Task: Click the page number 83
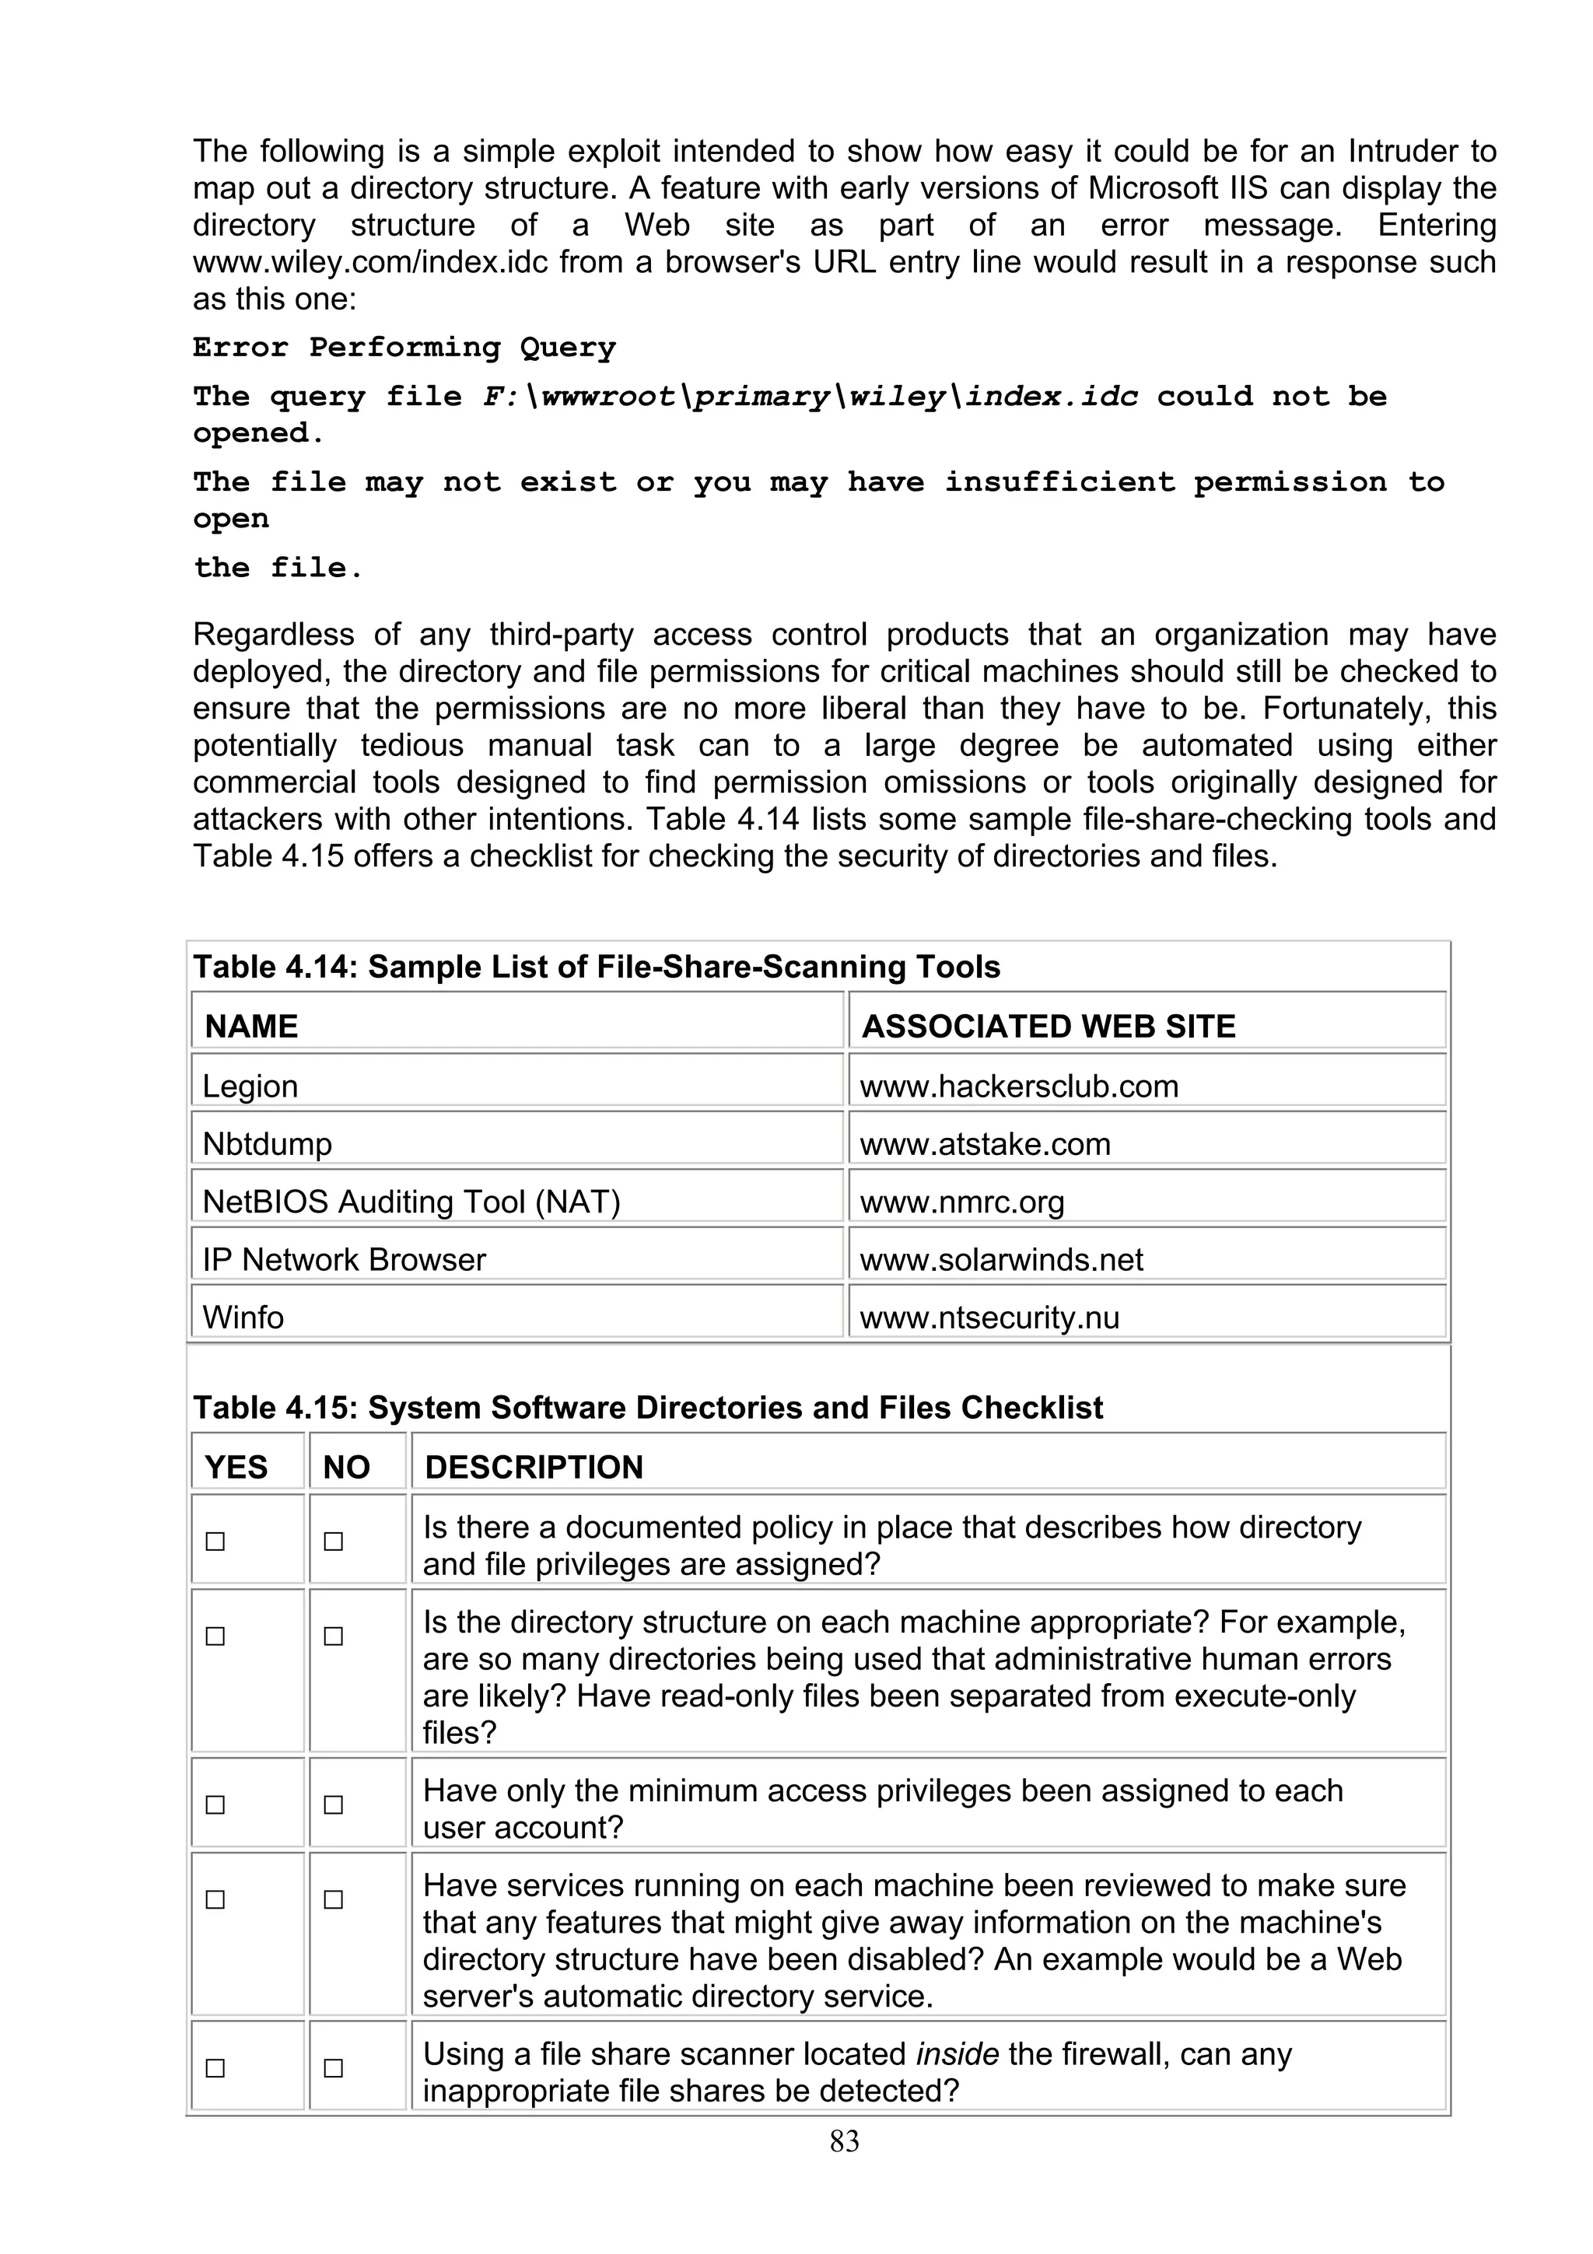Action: pyautogui.click(x=844, y=2141)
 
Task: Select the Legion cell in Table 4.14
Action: pyautogui.click(x=250, y=1086)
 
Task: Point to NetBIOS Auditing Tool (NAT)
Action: pyautogui.click(x=411, y=1202)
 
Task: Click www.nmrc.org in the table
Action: pyautogui.click(x=962, y=1202)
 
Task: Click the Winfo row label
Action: pyautogui.click(x=243, y=1317)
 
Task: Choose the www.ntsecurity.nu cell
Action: pyautogui.click(x=989, y=1317)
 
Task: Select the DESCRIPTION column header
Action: pyautogui.click(x=533, y=1467)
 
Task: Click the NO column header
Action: pyautogui.click(x=345, y=1467)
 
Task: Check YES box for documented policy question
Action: pyautogui.click(x=215, y=1542)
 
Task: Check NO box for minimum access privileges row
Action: pyautogui.click(x=334, y=1804)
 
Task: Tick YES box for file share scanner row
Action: pyautogui.click(x=215, y=2068)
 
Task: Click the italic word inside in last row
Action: pyautogui.click(x=956, y=2054)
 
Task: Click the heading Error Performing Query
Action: pyautogui.click(x=404, y=348)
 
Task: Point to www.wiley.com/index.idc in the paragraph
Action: pyautogui.click(x=371, y=262)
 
